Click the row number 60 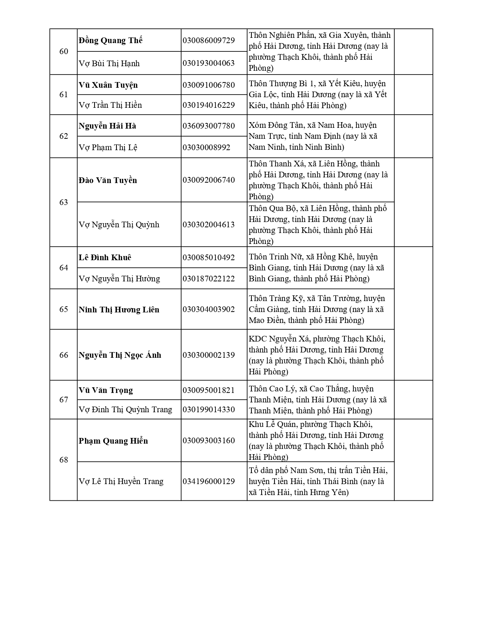pyautogui.click(x=64, y=51)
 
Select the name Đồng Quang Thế pyautogui.click(x=110, y=40)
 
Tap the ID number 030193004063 pyautogui.click(x=208, y=63)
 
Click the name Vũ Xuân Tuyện pyautogui.click(x=108, y=85)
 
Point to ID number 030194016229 pyautogui.click(x=208, y=105)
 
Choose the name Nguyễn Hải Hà pyautogui.click(x=107, y=126)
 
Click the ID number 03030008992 pyautogui.click(x=206, y=147)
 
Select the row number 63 pyautogui.click(x=64, y=202)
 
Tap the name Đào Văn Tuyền pyautogui.click(x=108, y=180)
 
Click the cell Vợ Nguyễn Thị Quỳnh pyautogui.click(x=119, y=225)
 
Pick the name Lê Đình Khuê pyautogui.click(x=105, y=258)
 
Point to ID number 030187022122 pyautogui.click(x=208, y=279)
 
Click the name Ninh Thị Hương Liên pyautogui.click(x=119, y=310)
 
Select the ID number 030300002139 pyautogui.click(x=208, y=355)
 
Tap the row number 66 pyautogui.click(x=64, y=355)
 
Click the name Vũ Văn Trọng pyautogui.click(x=106, y=390)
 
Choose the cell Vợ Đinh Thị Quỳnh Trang pyautogui.click(x=125, y=410)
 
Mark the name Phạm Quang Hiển pyautogui.click(x=113, y=441)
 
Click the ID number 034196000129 pyautogui.click(x=208, y=481)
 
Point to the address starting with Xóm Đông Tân pyautogui.click(x=313, y=136)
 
